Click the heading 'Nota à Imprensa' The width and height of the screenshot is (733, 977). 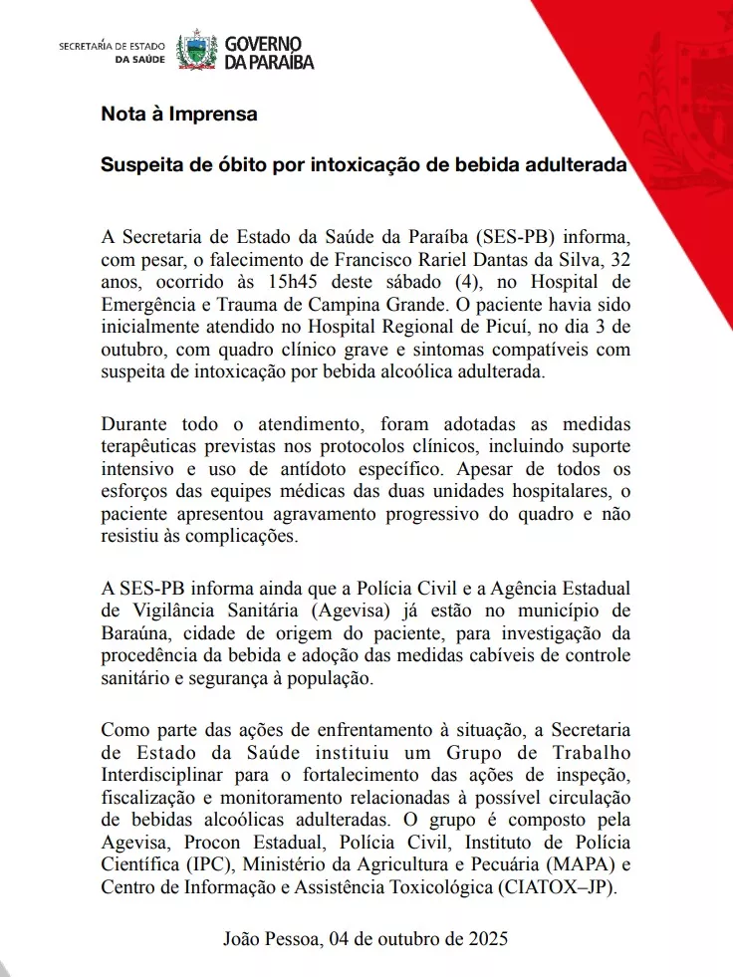tap(179, 114)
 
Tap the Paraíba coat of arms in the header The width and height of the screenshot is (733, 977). tap(196, 52)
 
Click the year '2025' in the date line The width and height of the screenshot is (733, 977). tap(484, 938)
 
